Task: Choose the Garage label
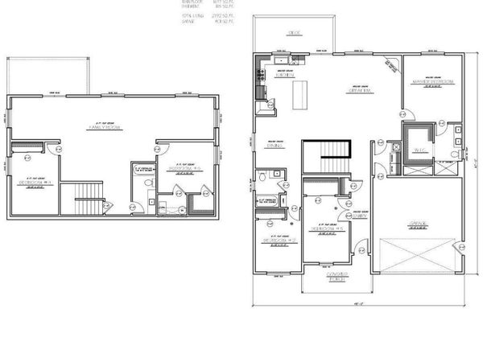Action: (417, 223)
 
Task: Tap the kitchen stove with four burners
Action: (259, 77)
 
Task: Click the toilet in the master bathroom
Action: (455, 152)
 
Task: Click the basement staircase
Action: (83, 197)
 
